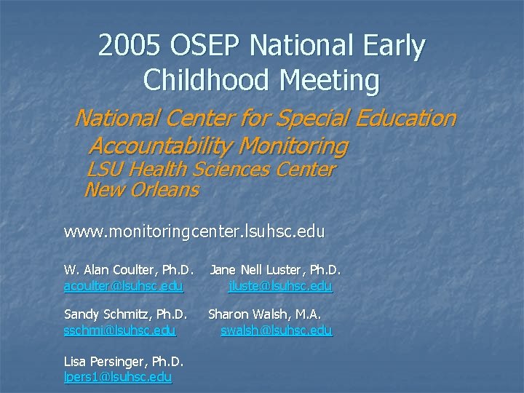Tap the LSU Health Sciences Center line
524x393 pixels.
click(210, 170)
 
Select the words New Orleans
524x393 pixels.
click(141, 191)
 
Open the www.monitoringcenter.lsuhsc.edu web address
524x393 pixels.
click(194, 232)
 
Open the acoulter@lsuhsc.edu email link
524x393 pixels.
click(124, 287)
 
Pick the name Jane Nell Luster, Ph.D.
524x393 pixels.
click(275, 271)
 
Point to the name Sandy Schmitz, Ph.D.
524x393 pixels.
click(126, 314)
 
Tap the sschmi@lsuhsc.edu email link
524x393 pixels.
click(120, 330)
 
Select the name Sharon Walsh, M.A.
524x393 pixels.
click(265, 314)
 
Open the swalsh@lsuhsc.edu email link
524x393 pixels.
click(277, 330)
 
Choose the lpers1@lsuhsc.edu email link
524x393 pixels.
click(118, 376)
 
